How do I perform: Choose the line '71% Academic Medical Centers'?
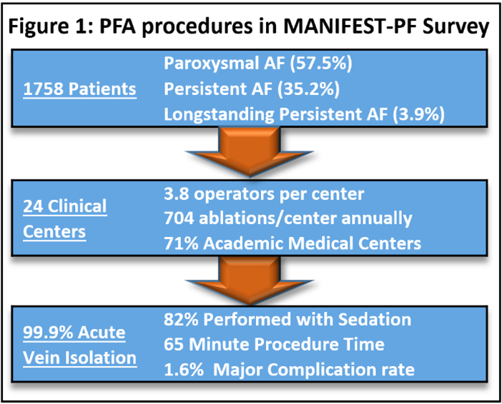click(x=292, y=243)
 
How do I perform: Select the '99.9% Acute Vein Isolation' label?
click(x=76, y=345)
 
